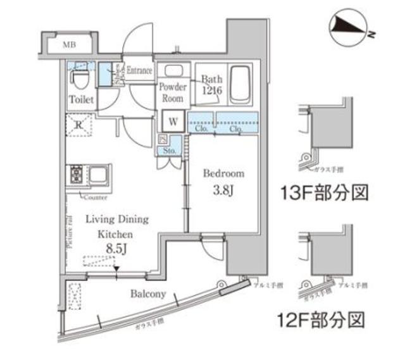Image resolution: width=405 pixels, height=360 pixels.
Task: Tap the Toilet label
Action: tap(81, 100)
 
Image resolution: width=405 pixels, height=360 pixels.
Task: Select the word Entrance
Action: tap(139, 70)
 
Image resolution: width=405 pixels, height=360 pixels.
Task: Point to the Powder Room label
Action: tap(172, 94)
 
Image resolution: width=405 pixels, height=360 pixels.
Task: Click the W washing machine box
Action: tap(172, 120)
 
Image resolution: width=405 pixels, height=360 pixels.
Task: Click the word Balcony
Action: tap(148, 294)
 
